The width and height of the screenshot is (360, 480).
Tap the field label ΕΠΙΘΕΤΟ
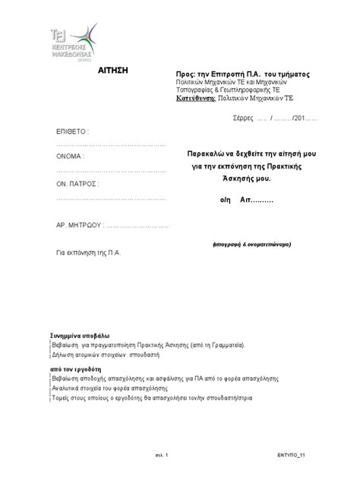[x=72, y=131]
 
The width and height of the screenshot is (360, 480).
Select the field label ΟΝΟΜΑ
[x=71, y=157]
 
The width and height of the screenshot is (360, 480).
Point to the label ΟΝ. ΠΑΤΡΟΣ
[x=77, y=184]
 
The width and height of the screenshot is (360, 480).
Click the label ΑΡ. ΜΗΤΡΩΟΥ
[x=78, y=226]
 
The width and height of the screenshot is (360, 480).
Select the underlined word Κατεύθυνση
[x=195, y=99]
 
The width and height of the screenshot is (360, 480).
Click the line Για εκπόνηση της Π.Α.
[x=89, y=251]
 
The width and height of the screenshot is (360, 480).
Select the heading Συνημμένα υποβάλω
[x=81, y=335]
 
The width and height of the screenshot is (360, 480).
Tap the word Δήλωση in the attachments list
[x=64, y=354]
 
